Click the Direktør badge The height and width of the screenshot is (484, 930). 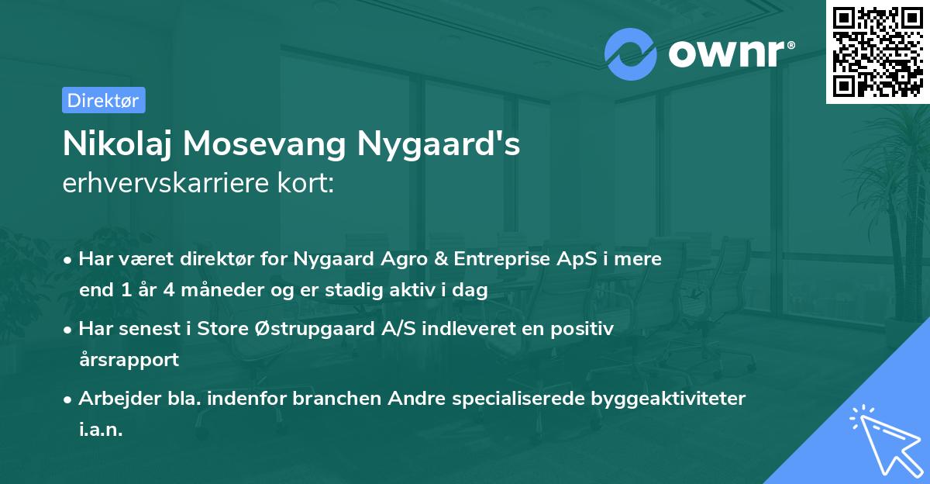tap(103, 100)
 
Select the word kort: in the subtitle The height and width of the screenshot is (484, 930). tap(307, 185)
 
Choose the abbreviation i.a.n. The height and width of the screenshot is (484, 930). tap(101, 430)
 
